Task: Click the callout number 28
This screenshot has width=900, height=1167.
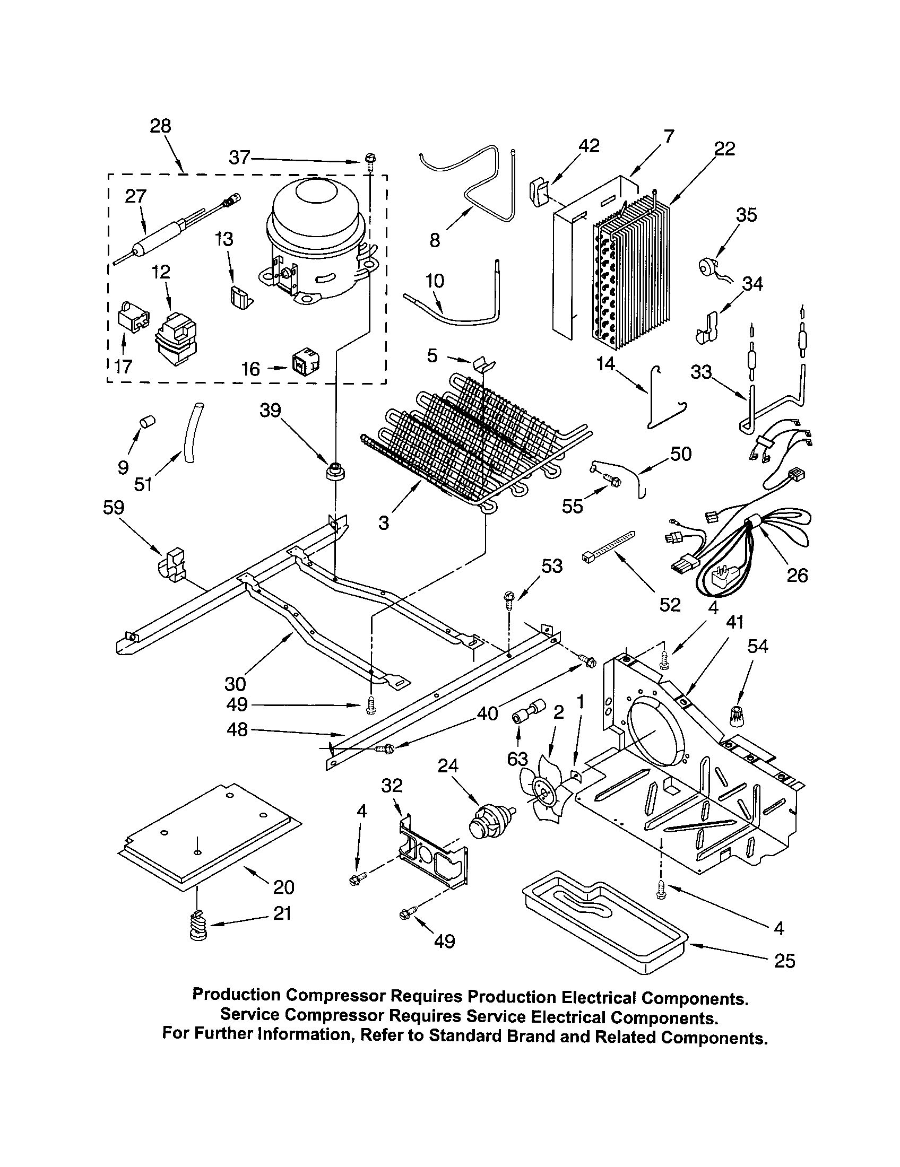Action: click(x=160, y=126)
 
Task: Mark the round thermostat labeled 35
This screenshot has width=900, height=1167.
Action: click(x=709, y=266)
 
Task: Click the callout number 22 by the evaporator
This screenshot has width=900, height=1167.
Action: click(x=724, y=149)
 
